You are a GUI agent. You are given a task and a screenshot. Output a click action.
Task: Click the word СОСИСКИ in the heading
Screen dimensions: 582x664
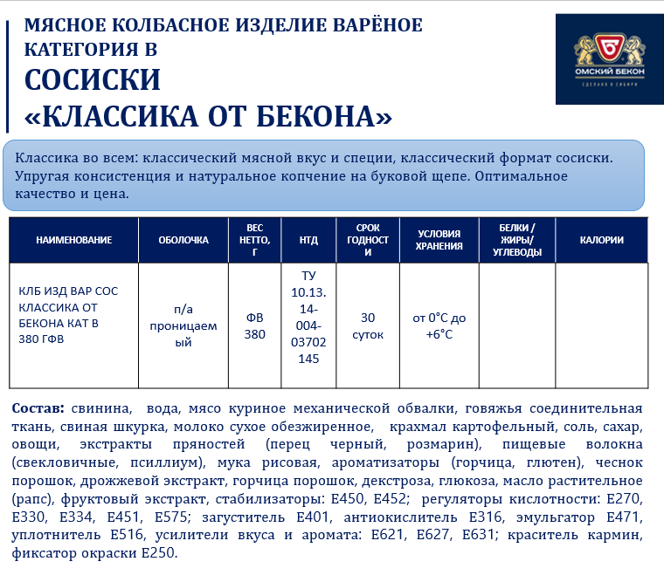coord(93,80)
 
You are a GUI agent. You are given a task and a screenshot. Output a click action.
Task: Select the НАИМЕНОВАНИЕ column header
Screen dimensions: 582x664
coord(74,240)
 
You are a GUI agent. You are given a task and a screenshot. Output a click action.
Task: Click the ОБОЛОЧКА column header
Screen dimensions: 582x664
coord(183,240)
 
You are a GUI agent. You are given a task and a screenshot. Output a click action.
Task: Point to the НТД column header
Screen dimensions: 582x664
coord(308,240)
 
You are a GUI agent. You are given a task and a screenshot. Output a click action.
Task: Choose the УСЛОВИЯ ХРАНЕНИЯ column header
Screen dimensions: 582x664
coord(439,240)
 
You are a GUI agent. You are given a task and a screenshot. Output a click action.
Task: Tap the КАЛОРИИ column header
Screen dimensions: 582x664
coord(602,240)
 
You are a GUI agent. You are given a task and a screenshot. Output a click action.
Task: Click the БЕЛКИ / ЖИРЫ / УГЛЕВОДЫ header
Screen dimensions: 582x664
coord(517,240)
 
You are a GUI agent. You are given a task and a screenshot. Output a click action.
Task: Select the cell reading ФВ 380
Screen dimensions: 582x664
coord(255,325)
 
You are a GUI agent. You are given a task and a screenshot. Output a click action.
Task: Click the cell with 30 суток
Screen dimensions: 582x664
coord(367,325)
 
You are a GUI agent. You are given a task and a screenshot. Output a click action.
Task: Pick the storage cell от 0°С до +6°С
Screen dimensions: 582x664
coord(439,325)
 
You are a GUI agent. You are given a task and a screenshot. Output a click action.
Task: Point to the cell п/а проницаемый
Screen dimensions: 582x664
coord(183,325)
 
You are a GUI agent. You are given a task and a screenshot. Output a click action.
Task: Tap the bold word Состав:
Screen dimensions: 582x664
coord(38,408)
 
